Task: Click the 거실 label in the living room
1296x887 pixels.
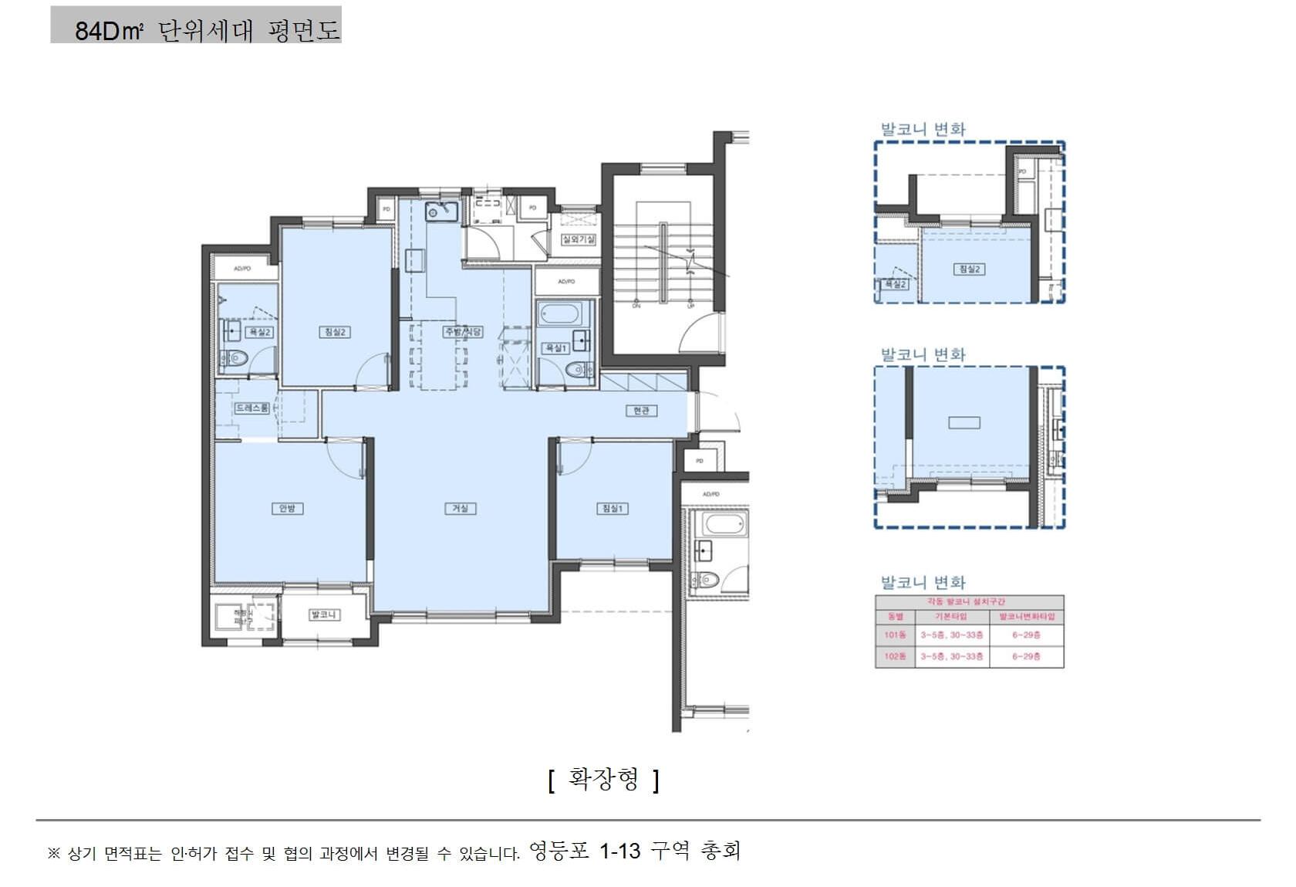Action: pos(460,508)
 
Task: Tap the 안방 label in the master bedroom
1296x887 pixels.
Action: pos(287,508)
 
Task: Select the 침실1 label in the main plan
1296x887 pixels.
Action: pos(613,508)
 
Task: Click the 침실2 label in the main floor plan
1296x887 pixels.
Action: pos(335,332)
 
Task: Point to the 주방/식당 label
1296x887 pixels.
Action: pos(463,332)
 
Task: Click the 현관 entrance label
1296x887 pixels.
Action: pos(641,411)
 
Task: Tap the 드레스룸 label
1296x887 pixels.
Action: pos(252,408)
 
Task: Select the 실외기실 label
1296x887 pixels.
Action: pos(578,239)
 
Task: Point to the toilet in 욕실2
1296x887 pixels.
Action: pos(235,358)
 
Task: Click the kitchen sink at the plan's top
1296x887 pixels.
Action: pos(441,211)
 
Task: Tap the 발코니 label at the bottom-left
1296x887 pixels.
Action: pos(323,614)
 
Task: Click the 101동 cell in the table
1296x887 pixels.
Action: pos(895,635)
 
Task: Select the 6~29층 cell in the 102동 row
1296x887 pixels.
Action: pos(1026,656)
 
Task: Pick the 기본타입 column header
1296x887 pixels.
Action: pos(950,616)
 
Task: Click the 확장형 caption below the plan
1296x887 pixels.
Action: pos(603,779)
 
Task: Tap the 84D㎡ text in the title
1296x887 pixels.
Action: pos(109,31)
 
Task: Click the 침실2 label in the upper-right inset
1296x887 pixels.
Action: pos(969,269)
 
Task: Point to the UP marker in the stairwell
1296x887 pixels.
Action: pos(690,306)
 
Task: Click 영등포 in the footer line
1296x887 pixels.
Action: pos(559,851)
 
